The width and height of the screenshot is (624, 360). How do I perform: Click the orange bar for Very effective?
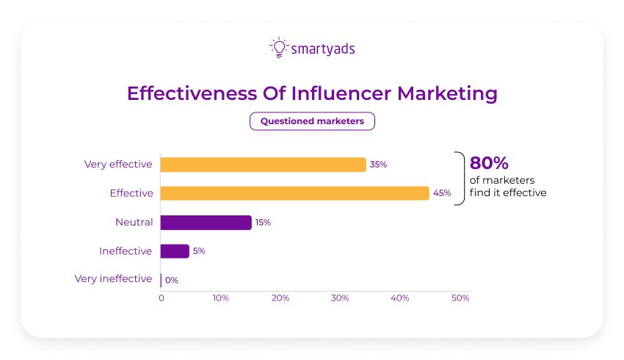click(x=263, y=165)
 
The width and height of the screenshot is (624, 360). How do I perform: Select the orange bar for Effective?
click(x=294, y=193)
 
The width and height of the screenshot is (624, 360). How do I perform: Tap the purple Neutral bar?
click(x=206, y=222)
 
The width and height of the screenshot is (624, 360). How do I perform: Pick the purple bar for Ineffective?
click(x=175, y=251)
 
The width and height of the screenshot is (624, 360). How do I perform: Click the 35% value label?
click(x=378, y=165)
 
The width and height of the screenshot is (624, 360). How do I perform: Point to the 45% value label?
click(x=442, y=193)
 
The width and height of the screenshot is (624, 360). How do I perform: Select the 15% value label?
click(x=262, y=222)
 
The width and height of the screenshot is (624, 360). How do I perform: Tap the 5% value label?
click(x=199, y=251)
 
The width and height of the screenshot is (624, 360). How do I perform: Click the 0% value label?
click(x=172, y=280)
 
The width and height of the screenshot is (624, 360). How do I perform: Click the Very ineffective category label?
click(x=114, y=279)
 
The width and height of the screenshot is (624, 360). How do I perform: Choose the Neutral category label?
click(x=134, y=222)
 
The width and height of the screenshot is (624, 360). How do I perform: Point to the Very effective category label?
click(x=118, y=165)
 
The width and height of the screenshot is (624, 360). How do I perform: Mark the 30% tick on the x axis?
click(x=340, y=298)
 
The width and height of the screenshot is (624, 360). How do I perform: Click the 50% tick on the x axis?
click(x=460, y=298)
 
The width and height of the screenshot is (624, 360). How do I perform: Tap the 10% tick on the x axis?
click(x=220, y=298)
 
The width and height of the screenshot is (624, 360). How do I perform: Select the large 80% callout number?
click(x=490, y=164)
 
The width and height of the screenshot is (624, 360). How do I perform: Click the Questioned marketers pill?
click(x=312, y=121)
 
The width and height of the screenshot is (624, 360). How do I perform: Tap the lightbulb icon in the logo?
click(x=278, y=48)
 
